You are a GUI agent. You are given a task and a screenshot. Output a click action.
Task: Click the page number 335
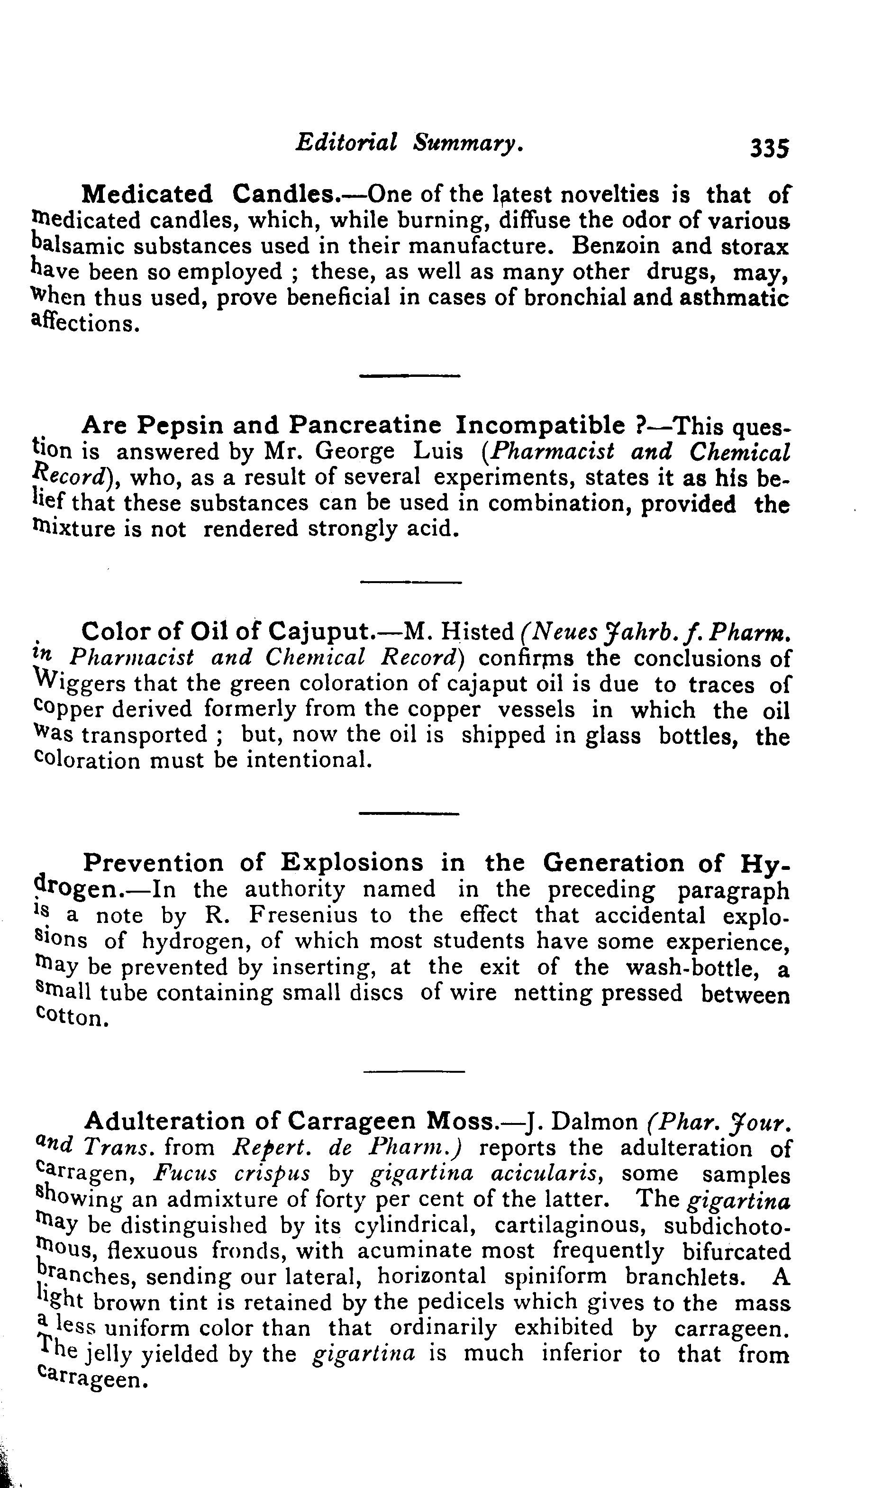click(x=769, y=148)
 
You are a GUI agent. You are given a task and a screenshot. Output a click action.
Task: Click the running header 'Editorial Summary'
click(x=409, y=143)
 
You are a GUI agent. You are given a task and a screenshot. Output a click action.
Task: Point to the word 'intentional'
click(x=309, y=760)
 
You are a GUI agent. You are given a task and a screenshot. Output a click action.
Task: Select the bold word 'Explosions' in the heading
click(x=352, y=863)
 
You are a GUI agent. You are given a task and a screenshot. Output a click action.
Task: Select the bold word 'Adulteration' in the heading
click(x=164, y=1121)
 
